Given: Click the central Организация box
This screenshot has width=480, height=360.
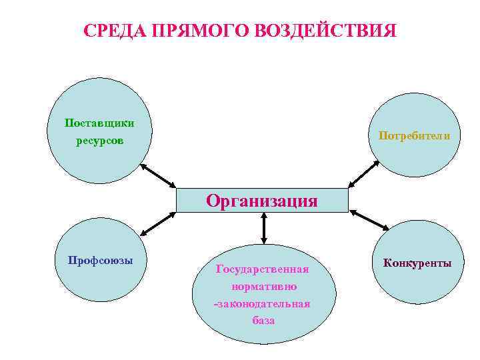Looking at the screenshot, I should coord(262,200).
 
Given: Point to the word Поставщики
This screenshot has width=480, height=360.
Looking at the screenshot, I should coord(99,123).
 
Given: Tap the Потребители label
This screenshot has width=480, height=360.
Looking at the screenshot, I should coord(414,135).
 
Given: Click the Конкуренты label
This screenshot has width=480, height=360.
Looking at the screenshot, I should coord(417,263).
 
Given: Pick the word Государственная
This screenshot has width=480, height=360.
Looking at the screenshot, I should coord(262,269).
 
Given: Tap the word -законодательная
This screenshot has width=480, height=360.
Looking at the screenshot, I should coord(262,304).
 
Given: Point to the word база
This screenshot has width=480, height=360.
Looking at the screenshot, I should coord(263,321).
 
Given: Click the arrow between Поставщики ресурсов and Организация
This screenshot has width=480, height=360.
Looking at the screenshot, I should coord(159,175).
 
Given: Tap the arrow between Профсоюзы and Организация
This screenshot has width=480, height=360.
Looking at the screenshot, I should coord(158,224).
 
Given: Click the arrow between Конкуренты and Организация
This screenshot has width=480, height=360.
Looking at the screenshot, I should coord(369,220).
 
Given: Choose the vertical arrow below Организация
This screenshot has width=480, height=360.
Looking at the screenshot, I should coord(264,228).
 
